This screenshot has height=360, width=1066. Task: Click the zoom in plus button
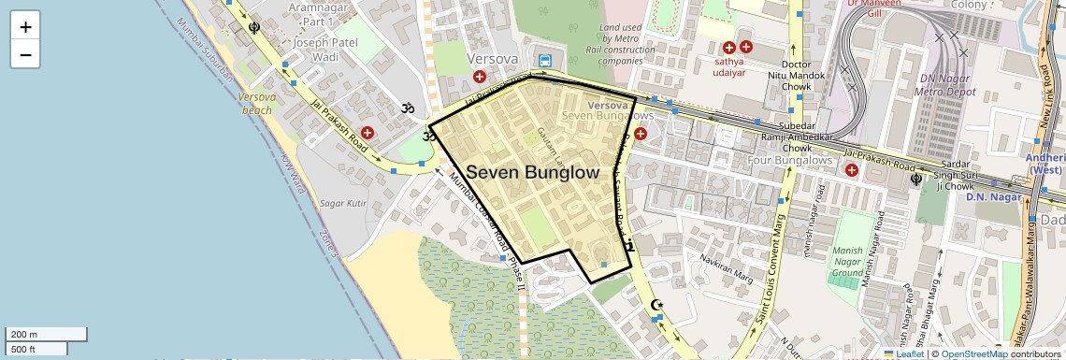tap(25, 27)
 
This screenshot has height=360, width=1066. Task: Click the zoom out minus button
tap(25, 54)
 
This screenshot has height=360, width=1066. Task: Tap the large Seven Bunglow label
tap(532, 173)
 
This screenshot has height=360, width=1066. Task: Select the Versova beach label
tap(256, 103)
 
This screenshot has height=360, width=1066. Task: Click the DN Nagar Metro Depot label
tap(934, 85)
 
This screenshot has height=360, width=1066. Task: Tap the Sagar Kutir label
tap(343, 203)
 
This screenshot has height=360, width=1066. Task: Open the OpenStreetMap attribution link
tap(973, 353)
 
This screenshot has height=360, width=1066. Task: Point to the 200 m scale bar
tap(47, 334)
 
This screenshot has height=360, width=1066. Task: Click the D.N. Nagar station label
tap(989, 196)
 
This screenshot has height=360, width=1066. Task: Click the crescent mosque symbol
tap(656, 305)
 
